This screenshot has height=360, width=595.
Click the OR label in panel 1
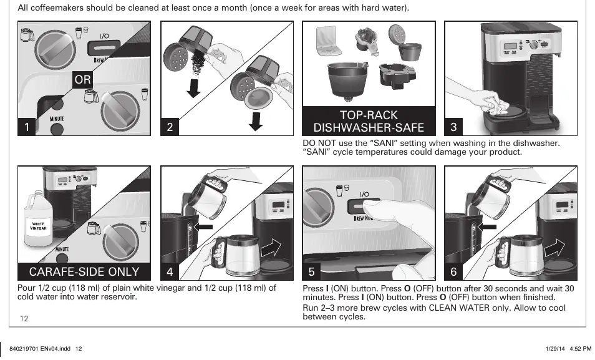83,79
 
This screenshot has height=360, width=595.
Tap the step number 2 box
170,127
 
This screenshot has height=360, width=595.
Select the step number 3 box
453,127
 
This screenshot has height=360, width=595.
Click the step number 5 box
312,271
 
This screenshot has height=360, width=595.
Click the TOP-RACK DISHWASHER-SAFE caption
369,121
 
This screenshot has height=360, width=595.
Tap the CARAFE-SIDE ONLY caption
84,271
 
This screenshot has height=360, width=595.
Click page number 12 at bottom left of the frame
24,319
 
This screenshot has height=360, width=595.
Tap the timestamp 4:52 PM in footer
581,349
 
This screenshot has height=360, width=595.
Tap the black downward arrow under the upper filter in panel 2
193,89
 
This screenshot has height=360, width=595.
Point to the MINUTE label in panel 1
57,119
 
